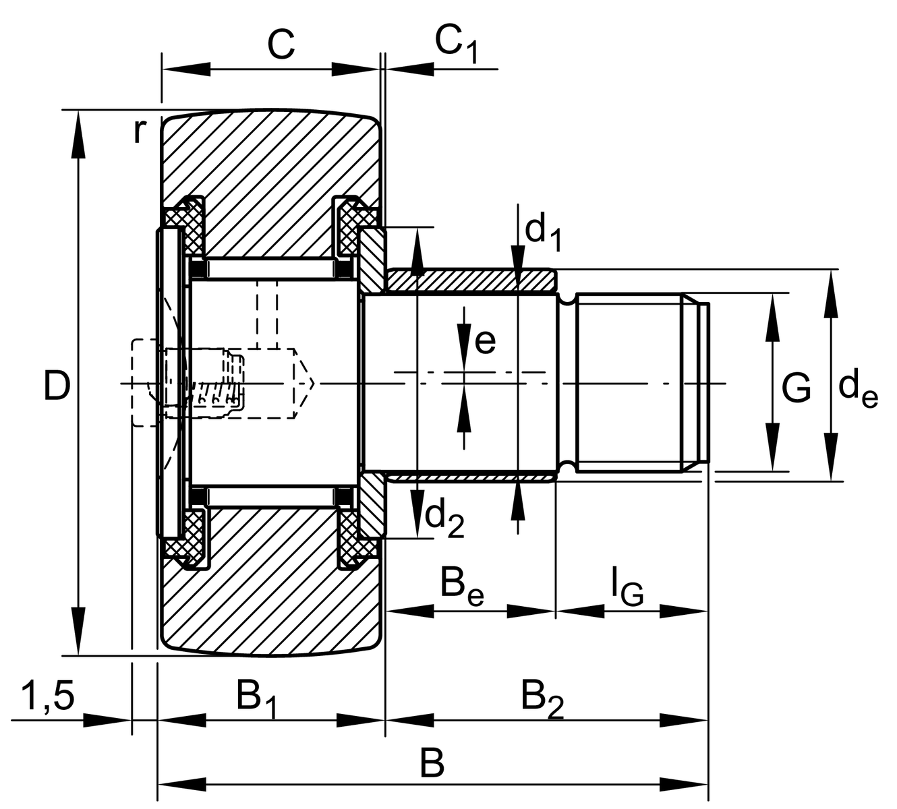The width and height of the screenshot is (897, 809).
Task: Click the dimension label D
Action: [57, 386]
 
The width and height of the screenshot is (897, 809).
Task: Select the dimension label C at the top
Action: [281, 45]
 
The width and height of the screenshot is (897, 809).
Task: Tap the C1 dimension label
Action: [455, 45]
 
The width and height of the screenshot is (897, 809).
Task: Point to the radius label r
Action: [138, 131]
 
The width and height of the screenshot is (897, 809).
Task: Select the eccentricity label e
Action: [485, 341]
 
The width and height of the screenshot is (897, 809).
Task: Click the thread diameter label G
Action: [797, 388]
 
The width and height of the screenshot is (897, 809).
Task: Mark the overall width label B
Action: [432, 765]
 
